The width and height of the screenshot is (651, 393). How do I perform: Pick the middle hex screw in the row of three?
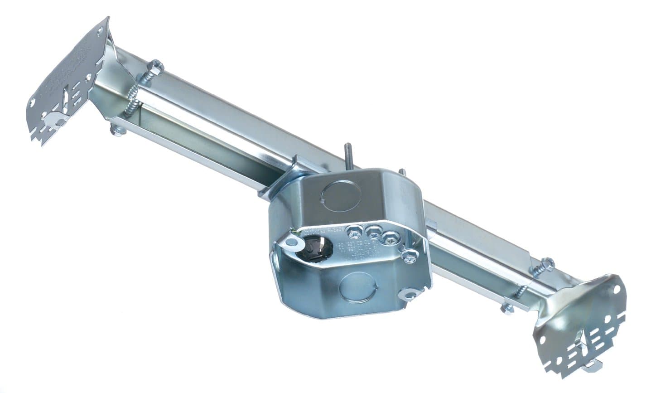[373, 233]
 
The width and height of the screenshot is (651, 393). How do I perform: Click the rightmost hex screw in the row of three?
[389, 237]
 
